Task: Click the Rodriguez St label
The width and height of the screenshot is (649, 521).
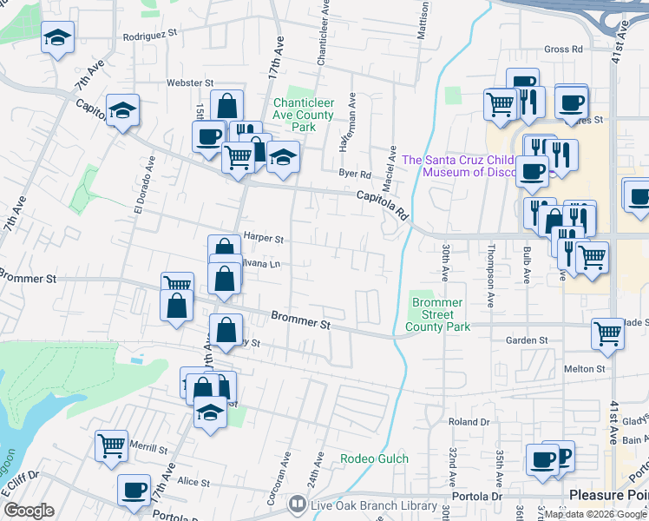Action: click(x=149, y=34)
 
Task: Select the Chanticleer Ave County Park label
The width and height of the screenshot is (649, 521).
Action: click(x=303, y=115)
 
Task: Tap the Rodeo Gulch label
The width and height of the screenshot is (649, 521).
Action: click(x=362, y=458)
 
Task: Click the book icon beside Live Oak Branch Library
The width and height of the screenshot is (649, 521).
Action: click(x=298, y=505)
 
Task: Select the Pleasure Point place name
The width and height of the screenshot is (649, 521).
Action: click(x=608, y=494)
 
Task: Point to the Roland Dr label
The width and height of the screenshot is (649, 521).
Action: click(x=469, y=422)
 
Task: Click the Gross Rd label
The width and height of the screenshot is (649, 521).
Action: click(x=562, y=49)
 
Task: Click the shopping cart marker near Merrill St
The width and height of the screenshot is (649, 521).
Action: click(x=112, y=445)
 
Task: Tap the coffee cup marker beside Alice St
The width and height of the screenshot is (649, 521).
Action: click(x=134, y=489)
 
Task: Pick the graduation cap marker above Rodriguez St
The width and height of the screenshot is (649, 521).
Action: click(x=58, y=37)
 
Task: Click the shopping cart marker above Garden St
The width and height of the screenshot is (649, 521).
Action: click(x=607, y=333)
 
